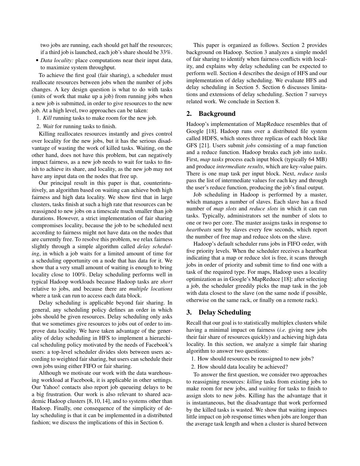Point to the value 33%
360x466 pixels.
(166, 52)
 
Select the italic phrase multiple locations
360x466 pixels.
(150, 289)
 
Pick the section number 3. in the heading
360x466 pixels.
(189, 312)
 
